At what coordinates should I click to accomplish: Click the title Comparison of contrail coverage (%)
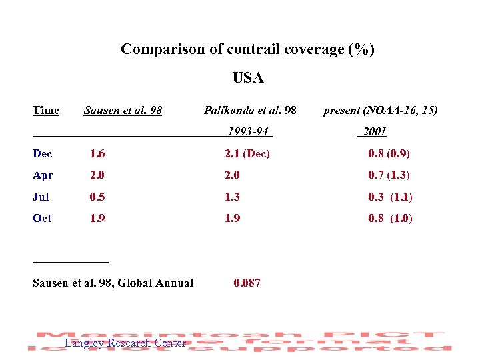[x=247, y=49]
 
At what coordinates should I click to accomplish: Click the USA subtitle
[x=248, y=78]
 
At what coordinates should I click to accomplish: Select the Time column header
[x=46, y=110]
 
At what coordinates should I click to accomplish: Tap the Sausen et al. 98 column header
[x=123, y=110]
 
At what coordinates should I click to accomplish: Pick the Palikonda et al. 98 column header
[x=250, y=110]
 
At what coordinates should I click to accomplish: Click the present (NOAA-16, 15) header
[x=380, y=110]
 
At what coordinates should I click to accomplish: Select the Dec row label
[x=42, y=154]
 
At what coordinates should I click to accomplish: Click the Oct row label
[x=42, y=218]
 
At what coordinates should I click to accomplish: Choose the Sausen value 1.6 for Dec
[x=97, y=154]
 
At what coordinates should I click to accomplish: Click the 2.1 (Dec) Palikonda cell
[x=247, y=154]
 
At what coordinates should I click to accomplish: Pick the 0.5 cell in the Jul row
[x=97, y=197]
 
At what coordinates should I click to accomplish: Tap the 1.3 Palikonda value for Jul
[x=232, y=197]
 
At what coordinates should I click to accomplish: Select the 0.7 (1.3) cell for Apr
[x=389, y=175]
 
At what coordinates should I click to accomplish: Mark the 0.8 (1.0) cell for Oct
[x=390, y=218]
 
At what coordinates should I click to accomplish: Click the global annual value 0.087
[x=247, y=283]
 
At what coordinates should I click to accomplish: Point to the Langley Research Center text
[x=125, y=343]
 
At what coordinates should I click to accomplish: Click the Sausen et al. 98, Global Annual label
[x=113, y=283]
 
